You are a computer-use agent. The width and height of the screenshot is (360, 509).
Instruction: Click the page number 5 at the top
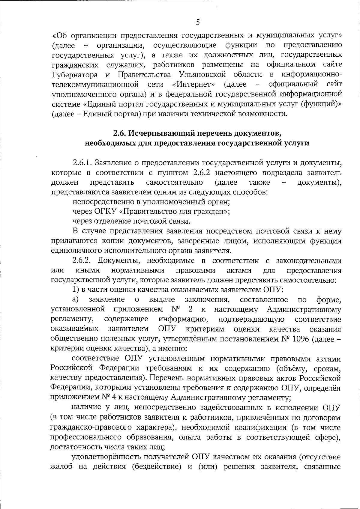tap(197, 22)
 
